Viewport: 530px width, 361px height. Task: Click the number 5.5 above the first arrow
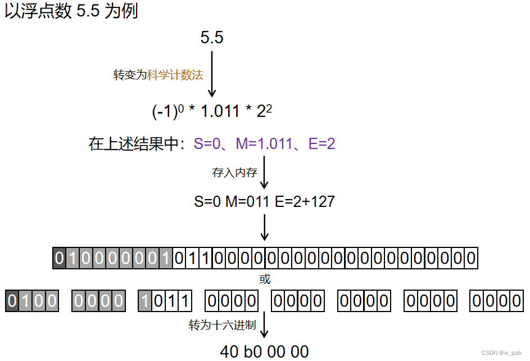tap(212, 38)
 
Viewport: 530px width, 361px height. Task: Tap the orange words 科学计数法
tap(175, 75)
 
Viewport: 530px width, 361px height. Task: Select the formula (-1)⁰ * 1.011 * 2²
tap(212, 111)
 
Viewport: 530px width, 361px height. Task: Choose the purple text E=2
tap(322, 144)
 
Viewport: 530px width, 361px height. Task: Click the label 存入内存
tap(234, 173)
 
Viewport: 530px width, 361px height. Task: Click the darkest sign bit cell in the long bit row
tap(59, 259)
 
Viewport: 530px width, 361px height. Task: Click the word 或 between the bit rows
tap(265, 279)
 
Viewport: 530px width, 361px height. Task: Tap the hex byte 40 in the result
tap(230, 352)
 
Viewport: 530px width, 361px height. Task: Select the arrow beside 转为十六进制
tap(265, 325)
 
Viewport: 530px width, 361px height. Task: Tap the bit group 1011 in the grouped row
tap(165, 301)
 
